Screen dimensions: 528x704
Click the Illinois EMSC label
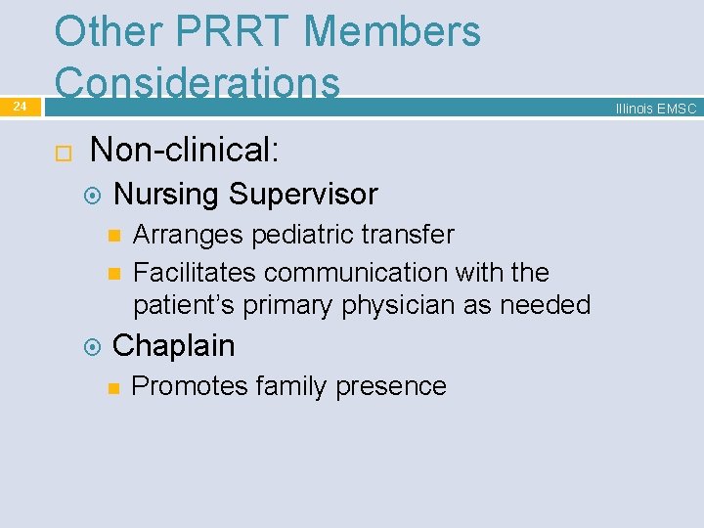point(655,109)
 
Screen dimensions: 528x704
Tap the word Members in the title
point(392,31)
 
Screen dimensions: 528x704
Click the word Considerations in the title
point(198,82)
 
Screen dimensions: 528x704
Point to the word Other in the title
point(109,31)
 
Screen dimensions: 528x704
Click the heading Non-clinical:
point(184,150)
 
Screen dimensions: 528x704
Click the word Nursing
point(166,195)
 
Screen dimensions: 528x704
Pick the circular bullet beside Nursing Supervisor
point(93,196)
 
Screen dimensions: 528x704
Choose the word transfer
point(408,235)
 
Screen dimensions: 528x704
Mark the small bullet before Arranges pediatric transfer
point(112,236)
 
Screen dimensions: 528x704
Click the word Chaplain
point(174,345)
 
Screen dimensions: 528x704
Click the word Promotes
point(190,386)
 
